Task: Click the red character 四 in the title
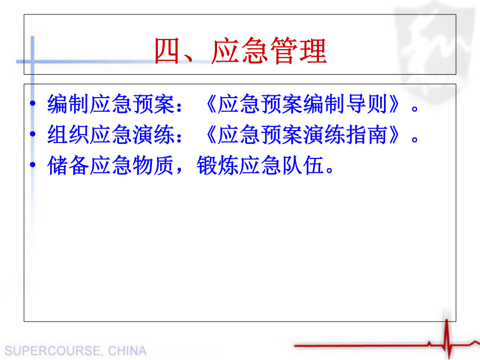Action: pyautogui.click(x=166, y=51)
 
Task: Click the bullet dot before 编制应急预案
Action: pyautogui.click(x=33, y=103)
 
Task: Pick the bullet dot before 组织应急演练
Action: pyautogui.click(x=33, y=134)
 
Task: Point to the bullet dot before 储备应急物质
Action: pyautogui.click(x=33, y=165)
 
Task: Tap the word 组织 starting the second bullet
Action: pyautogui.click(x=68, y=135)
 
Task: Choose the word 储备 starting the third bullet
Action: pyautogui.click(x=68, y=165)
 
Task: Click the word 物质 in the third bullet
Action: pyautogui.click(x=153, y=165)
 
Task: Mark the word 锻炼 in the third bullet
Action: pyautogui.click(x=218, y=165)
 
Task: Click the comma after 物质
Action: pyautogui.click(x=179, y=170)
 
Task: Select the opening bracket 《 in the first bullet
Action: pyautogui.click(x=211, y=104)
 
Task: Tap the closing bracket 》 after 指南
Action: pyautogui.click(x=395, y=135)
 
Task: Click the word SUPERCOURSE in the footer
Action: pyautogui.click(x=53, y=351)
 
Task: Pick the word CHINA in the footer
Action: pyautogui.click(x=127, y=351)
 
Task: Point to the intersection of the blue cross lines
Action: pyautogui.click(x=33, y=61)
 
